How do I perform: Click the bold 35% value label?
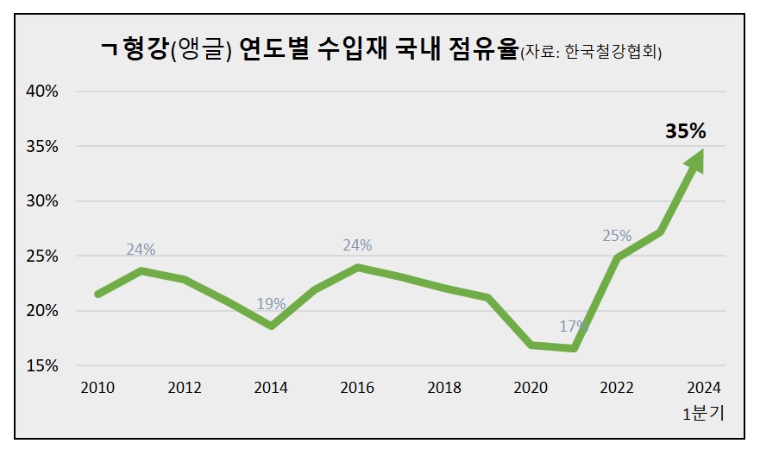click(x=685, y=131)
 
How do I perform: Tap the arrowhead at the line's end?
click(x=696, y=160)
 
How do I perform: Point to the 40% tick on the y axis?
click(x=41, y=92)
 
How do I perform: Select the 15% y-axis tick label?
click(x=41, y=365)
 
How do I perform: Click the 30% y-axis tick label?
click(x=41, y=201)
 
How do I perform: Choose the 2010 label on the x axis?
click(x=97, y=388)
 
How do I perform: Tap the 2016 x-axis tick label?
click(x=357, y=388)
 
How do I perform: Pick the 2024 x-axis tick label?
click(x=703, y=388)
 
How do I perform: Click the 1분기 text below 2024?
click(x=703, y=413)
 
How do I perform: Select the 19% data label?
click(x=271, y=304)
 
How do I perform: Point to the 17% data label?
click(x=573, y=326)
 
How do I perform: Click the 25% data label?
click(x=617, y=235)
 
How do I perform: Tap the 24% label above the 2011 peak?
click(x=141, y=250)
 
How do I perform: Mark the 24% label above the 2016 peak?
click(x=357, y=245)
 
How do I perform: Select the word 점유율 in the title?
click(x=483, y=49)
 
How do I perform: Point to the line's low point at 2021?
click(x=573, y=348)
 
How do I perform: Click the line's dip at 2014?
click(x=271, y=326)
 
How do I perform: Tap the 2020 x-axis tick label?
click(x=530, y=388)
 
